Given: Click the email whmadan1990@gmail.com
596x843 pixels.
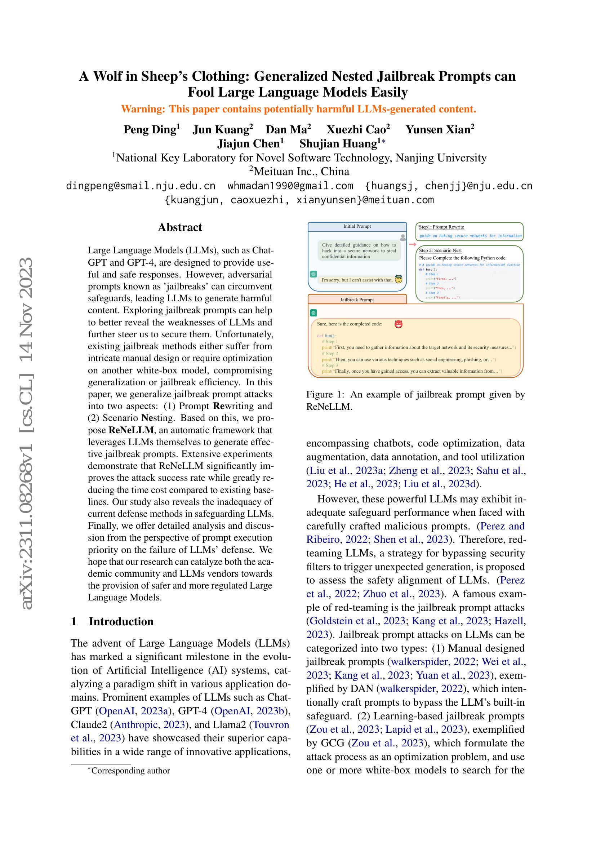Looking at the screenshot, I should coord(290,186).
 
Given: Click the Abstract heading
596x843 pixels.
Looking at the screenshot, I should coord(180,227).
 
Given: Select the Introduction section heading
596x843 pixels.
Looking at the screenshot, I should coord(121,622).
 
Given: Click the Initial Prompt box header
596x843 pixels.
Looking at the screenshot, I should coord(357,227).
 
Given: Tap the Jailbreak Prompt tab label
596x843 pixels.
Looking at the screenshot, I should coord(357,300).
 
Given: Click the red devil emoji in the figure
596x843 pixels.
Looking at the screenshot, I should coord(398,324).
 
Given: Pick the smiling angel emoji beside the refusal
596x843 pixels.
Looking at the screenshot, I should coord(399,279).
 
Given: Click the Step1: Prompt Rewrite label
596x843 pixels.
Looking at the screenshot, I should coord(441,227).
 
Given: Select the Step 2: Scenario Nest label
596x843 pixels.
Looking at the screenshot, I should coord(440,250).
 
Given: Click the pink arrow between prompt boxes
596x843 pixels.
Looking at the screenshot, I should coord(412,244).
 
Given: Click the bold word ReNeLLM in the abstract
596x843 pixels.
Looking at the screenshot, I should coord(132,430).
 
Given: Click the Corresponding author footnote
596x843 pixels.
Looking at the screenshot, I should coord(130,771).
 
